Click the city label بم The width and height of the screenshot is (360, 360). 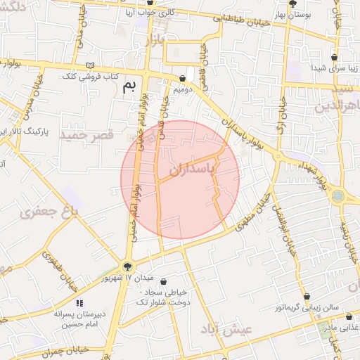(128, 87)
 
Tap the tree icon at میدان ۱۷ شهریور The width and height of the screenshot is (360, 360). (127, 266)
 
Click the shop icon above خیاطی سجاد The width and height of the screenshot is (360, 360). (163, 281)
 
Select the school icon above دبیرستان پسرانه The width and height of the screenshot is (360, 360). (79, 304)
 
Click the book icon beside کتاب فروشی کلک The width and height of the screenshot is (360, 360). (88, 65)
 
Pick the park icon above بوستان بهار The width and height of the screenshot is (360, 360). (283, 4)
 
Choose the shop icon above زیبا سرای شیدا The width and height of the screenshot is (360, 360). (334, 58)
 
